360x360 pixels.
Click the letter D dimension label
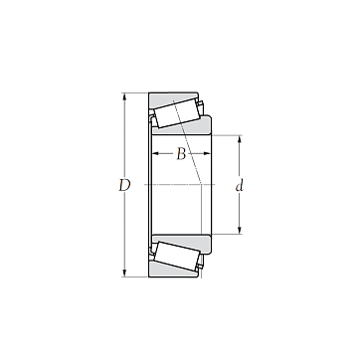pos(124,186)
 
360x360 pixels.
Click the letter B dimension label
pos(181,154)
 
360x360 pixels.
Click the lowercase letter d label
pos(240,186)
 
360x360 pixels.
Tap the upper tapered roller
pos(177,113)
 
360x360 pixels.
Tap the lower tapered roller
pos(177,256)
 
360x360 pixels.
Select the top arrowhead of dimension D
pos(124,96)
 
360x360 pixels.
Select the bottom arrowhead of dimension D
pos(124,272)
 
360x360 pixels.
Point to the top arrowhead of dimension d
pos(240,139)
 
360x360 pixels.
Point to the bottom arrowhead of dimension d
pos(240,230)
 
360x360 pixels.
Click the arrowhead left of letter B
pos(156,153)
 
